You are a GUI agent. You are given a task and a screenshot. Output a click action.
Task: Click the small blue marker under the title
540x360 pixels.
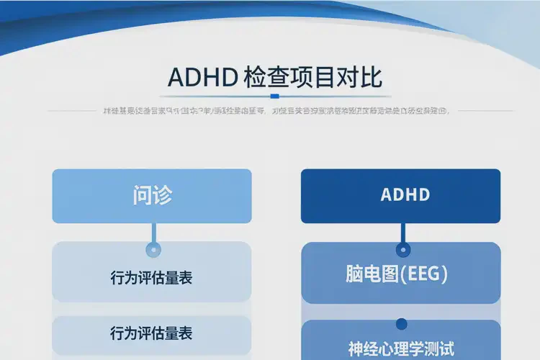274,96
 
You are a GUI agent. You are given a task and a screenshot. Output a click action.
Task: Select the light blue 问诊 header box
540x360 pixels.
152,196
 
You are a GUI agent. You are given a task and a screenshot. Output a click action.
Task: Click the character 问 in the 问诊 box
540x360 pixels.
142,195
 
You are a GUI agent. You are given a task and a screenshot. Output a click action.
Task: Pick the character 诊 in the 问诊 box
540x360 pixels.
162,195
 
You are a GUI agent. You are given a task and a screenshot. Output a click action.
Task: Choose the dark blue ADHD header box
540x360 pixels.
400,196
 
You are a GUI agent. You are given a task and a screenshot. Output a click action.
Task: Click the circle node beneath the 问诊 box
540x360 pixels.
152,250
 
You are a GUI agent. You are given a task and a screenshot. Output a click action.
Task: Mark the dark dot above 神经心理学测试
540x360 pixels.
402,325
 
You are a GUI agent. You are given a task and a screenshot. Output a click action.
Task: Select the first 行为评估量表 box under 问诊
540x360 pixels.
152,277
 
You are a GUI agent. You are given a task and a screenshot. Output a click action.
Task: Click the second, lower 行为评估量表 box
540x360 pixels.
152,333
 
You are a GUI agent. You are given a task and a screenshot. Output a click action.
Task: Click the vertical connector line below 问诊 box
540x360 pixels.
152,233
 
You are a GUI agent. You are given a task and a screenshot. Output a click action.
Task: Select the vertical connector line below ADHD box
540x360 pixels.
402,233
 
